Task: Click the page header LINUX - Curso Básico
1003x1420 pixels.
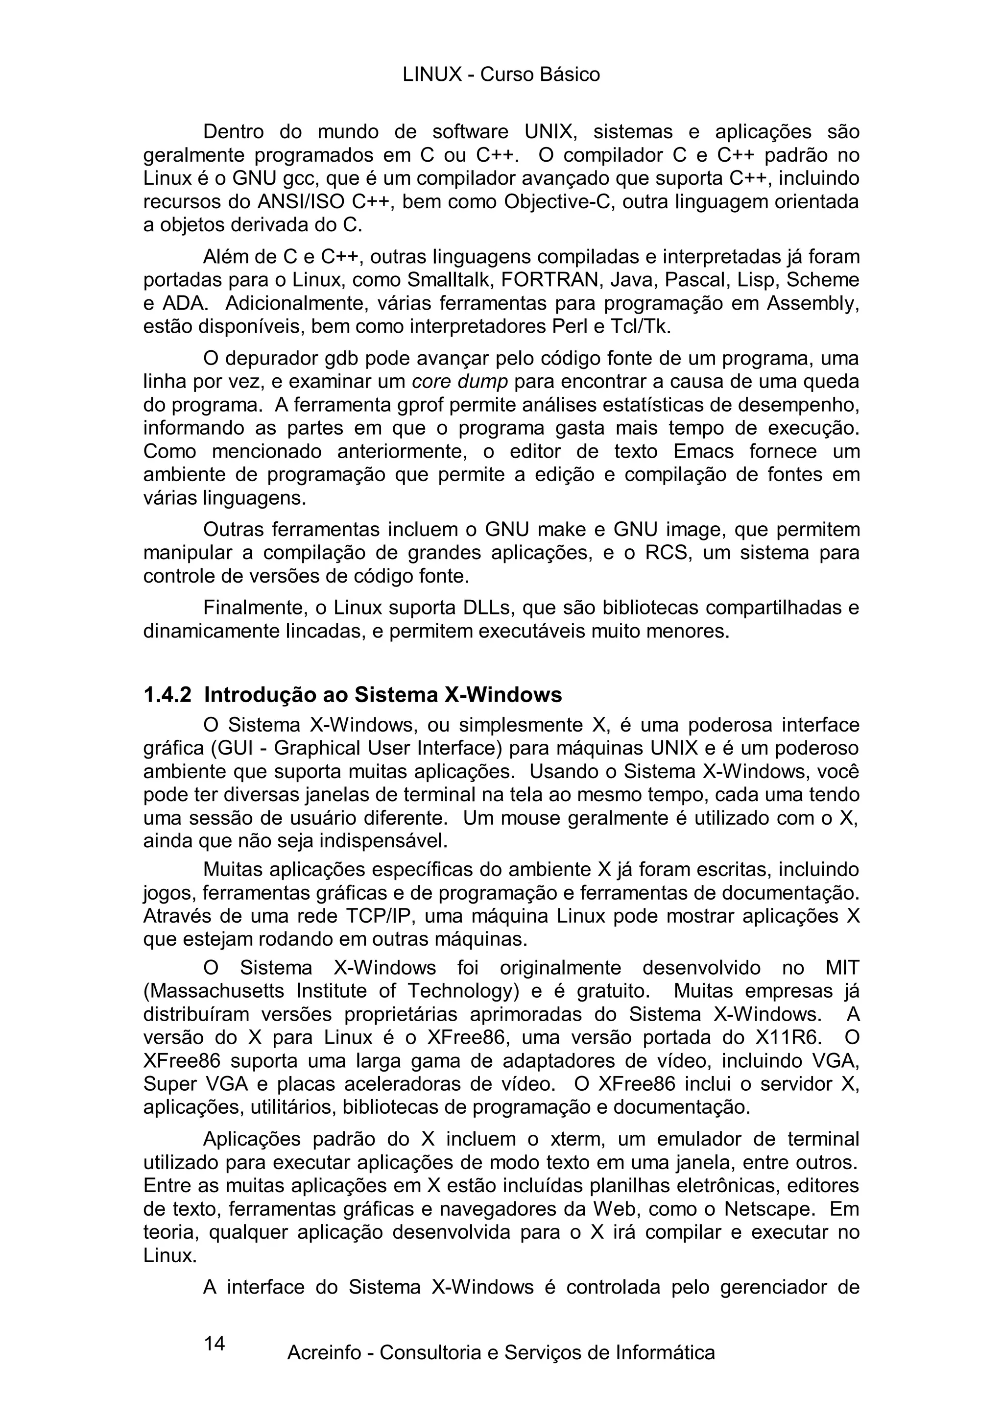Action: (x=501, y=75)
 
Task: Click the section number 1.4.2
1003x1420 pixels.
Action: (x=167, y=695)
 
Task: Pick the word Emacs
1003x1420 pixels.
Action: (x=703, y=451)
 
